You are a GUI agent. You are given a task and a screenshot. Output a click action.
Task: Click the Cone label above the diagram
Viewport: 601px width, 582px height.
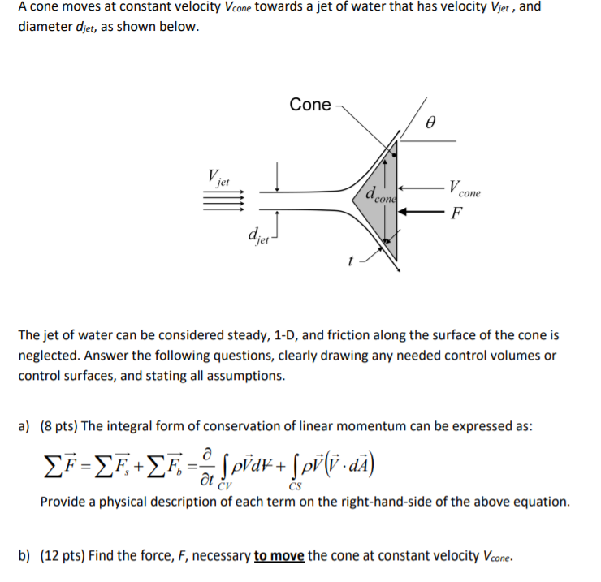[x=310, y=105]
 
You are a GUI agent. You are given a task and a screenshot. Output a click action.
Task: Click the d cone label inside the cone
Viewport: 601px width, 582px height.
[x=379, y=196]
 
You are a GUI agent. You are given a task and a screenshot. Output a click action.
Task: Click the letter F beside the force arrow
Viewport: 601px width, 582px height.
[x=457, y=214]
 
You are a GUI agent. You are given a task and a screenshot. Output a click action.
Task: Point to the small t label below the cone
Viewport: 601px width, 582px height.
[x=351, y=261]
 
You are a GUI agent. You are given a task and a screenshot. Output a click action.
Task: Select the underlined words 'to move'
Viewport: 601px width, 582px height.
[x=279, y=556]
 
